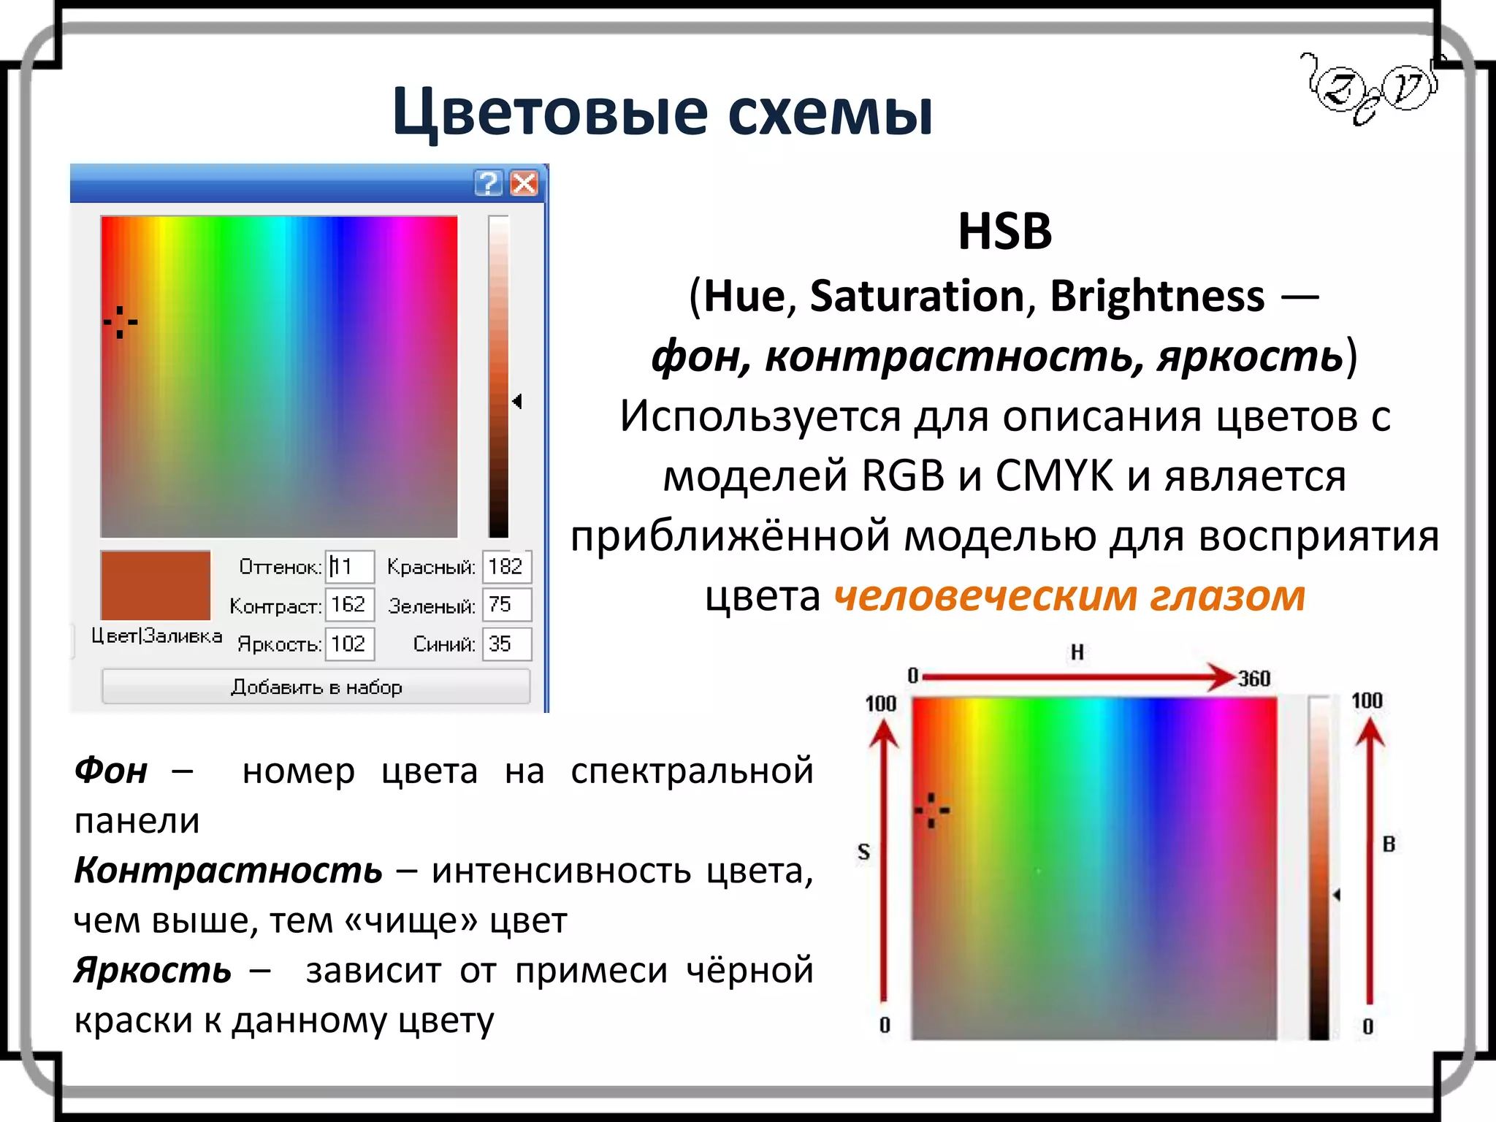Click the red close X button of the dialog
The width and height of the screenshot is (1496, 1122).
[x=524, y=183]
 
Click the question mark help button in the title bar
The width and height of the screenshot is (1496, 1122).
[x=488, y=183]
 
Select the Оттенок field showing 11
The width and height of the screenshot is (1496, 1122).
[x=349, y=567]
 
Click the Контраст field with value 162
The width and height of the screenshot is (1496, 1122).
[x=349, y=605]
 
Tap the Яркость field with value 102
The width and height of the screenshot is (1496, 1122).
[x=349, y=644]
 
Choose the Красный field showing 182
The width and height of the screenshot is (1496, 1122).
[x=506, y=567]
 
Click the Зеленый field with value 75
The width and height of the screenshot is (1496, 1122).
[x=506, y=605]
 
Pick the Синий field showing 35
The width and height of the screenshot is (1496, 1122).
[x=506, y=644]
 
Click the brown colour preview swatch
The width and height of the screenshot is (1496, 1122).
[x=155, y=585]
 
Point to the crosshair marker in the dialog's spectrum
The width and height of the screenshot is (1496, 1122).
[x=120, y=321]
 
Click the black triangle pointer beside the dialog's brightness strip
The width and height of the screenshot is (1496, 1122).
[x=517, y=401]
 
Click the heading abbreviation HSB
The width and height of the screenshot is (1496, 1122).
[x=1004, y=232]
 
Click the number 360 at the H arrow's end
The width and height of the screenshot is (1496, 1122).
[x=1253, y=679]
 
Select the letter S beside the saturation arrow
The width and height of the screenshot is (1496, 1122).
[x=863, y=852]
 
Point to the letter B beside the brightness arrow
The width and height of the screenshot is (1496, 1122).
[x=1389, y=844]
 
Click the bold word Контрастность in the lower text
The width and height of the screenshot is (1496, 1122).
[x=228, y=871]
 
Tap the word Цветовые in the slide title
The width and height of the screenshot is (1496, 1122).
[x=549, y=113]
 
